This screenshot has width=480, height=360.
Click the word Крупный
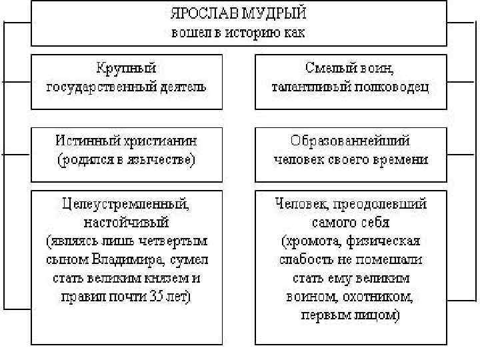click(125, 67)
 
